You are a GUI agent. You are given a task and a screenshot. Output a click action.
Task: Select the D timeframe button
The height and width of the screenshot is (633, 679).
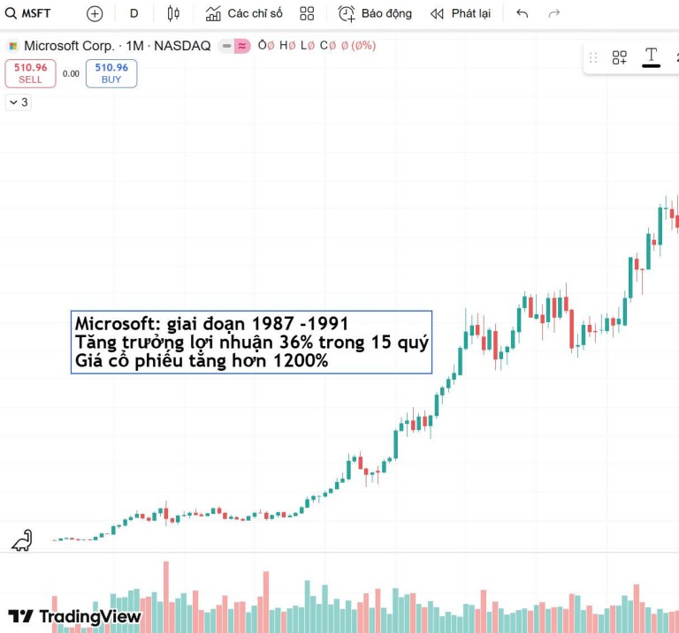[134, 13]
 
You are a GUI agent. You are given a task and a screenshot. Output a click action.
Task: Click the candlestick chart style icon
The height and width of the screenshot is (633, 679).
[173, 13]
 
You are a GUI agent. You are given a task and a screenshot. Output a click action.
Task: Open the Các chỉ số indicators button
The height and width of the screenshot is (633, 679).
[244, 13]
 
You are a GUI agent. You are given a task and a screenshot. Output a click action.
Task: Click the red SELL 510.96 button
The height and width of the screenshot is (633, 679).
[30, 72]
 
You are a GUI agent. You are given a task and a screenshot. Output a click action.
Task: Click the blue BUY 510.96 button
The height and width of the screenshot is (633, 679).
[111, 72]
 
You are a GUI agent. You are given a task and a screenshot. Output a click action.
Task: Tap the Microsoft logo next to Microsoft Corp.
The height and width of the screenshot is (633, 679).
[13, 46]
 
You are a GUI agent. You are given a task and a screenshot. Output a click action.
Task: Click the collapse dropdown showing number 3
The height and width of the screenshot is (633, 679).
[18, 102]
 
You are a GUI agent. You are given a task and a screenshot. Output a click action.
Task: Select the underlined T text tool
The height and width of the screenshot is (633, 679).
[652, 57]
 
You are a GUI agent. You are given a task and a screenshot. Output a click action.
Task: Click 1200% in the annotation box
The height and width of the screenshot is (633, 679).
[301, 361]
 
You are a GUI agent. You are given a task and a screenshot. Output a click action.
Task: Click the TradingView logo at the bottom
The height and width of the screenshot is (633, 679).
[75, 616]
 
